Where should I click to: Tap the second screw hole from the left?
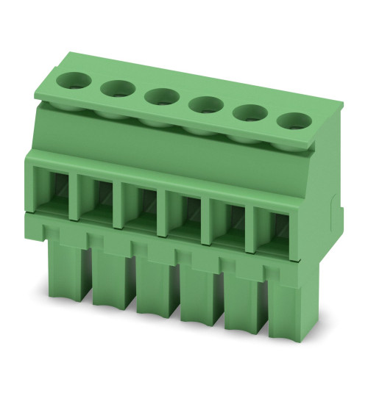[116, 90]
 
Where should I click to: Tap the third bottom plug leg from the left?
[155, 294]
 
